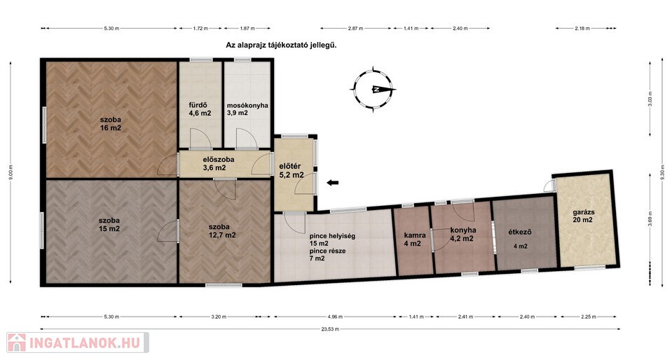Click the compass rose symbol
[x=373, y=89]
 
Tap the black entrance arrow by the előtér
[x=333, y=183]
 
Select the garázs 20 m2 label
[x=583, y=216]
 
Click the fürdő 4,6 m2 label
[x=200, y=109]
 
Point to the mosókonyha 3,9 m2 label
[x=247, y=109]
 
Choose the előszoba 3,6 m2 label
[x=218, y=164]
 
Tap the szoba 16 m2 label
[x=111, y=124]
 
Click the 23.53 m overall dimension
[x=331, y=329]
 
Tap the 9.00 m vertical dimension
[x=11, y=172]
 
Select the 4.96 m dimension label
[x=335, y=317]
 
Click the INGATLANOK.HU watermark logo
[x=78, y=343]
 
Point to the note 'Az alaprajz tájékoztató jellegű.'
[x=281, y=45]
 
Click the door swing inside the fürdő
[x=200, y=138]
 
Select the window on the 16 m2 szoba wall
[x=44, y=125]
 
